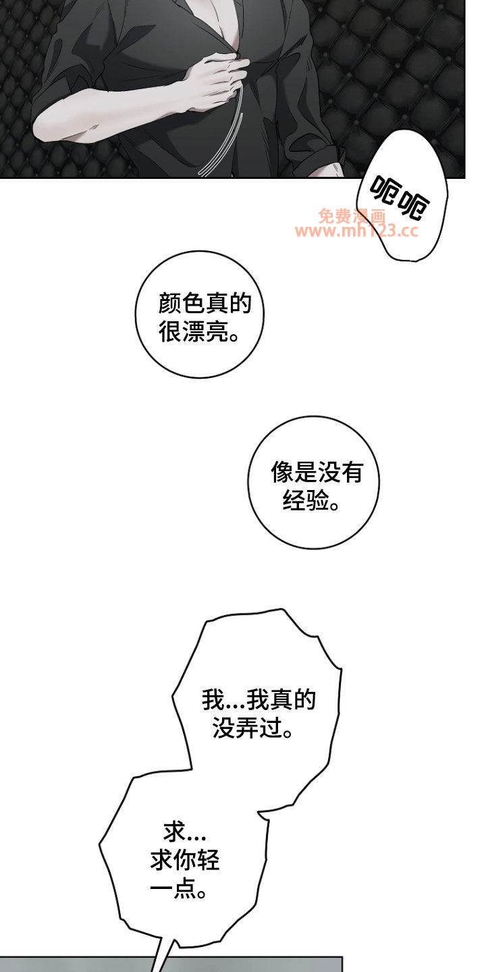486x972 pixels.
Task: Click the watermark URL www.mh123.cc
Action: [356, 230]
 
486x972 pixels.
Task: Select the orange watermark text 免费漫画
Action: [352, 216]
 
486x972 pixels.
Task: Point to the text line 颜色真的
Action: [205, 303]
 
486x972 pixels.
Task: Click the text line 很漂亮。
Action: [199, 332]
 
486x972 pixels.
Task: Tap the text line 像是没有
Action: [317, 472]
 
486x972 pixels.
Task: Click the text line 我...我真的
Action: [259, 700]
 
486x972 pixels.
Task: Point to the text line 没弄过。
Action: [253, 728]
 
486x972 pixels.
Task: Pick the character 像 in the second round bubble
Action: [282, 472]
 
